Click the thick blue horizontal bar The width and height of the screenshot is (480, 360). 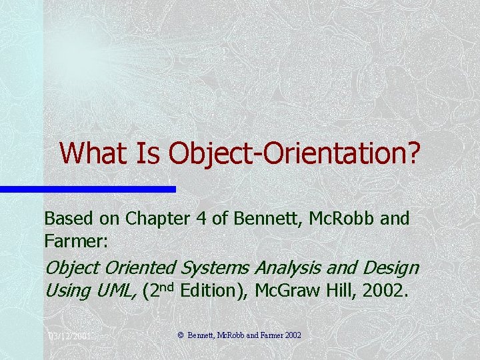tap(87, 189)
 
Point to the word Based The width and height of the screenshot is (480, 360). tap(65, 218)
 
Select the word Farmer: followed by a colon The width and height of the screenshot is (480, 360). tap(71, 238)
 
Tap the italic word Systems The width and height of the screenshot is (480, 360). tap(213, 267)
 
